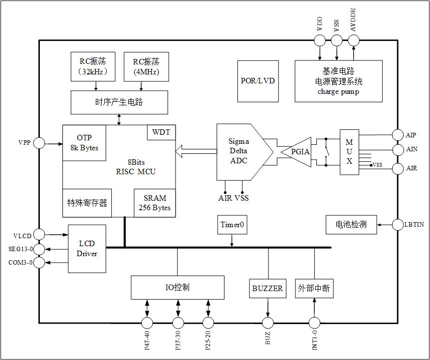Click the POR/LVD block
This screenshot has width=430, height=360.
(258, 81)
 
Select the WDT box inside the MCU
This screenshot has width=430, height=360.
(161, 132)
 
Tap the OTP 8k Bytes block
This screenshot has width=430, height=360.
(84, 143)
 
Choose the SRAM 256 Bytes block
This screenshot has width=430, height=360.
(155, 203)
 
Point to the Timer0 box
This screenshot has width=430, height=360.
(232, 225)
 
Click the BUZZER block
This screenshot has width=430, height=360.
(267, 288)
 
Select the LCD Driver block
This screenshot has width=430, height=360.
(87, 249)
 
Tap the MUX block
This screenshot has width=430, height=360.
(349, 152)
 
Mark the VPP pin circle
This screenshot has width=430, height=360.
(39, 143)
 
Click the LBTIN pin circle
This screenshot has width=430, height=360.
(398, 225)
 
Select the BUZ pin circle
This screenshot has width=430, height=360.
(268, 322)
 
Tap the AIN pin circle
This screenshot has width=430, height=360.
(398, 149)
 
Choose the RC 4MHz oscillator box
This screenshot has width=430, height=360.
(146, 66)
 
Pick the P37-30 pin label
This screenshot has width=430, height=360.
(178, 340)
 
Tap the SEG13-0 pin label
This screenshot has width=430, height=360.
(20, 249)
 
